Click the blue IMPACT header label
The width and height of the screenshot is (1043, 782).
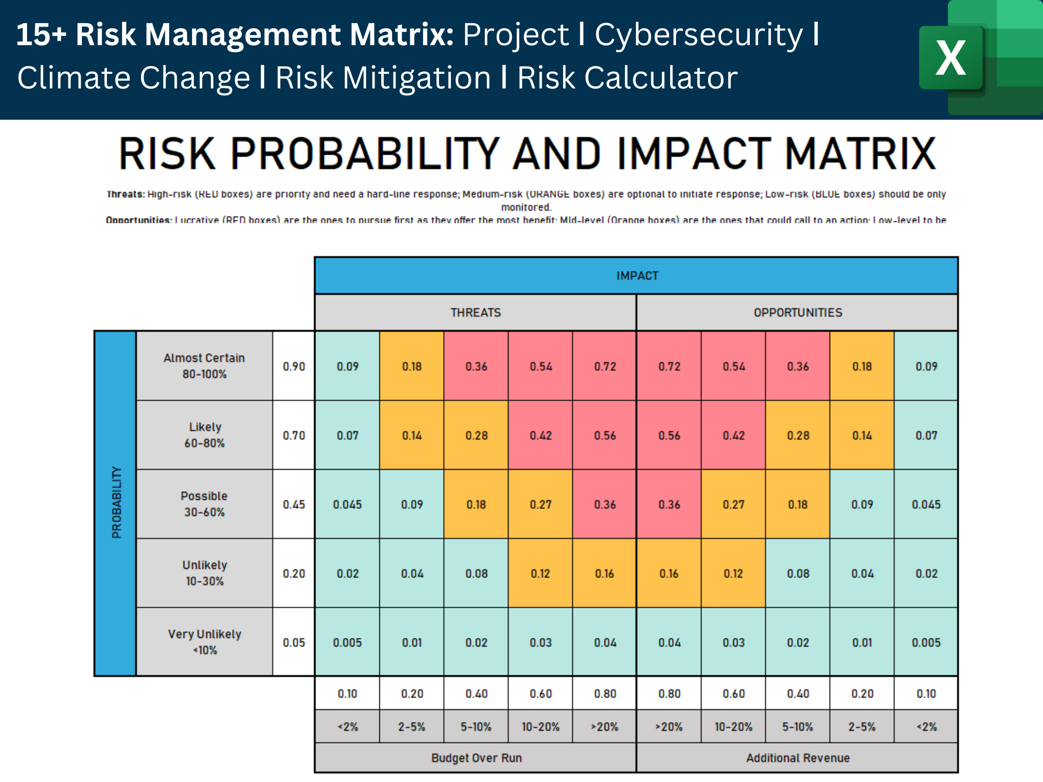[x=637, y=276]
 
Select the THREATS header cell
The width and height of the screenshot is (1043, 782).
[x=475, y=312]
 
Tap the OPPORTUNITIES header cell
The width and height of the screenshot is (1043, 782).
[x=797, y=312]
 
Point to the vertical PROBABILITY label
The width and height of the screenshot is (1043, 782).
[x=116, y=502]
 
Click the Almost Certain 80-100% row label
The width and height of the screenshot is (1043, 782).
[x=204, y=366]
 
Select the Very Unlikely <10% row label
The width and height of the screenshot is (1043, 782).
[x=204, y=641]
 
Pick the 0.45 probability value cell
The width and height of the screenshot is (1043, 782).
[x=294, y=504]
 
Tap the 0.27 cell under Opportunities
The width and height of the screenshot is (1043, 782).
[x=733, y=504]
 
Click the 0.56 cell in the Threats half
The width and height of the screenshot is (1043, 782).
[x=605, y=436]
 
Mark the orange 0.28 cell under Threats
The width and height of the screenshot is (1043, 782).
[x=476, y=436]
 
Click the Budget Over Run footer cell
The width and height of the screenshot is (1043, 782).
[x=476, y=758]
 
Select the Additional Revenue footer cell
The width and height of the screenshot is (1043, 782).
[x=797, y=758]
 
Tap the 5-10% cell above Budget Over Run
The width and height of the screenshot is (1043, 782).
[x=476, y=727]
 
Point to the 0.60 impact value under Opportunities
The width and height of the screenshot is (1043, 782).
[x=733, y=694]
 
